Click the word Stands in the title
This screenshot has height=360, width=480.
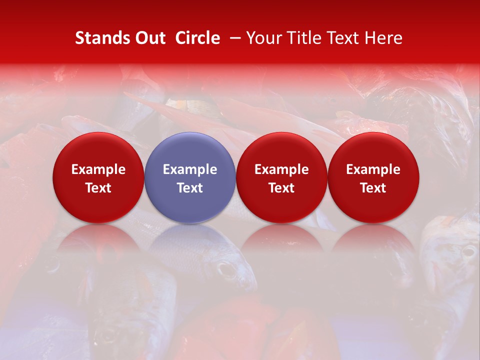tap(101, 38)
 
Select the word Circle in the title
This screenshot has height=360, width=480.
tap(197, 38)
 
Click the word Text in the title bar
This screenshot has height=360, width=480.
tap(340, 38)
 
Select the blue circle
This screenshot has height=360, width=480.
tap(190, 177)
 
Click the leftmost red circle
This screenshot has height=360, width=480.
tap(98, 177)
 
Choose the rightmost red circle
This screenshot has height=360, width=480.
tap(373, 177)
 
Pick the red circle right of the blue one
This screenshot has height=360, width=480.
tap(281, 177)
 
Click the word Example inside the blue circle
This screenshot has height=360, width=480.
tap(190, 169)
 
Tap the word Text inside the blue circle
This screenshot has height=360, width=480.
tap(190, 188)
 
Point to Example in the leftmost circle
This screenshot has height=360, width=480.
tap(98, 169)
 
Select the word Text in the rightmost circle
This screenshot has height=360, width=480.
tap(373, 188)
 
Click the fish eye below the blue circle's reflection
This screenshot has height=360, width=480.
tap(226, 270)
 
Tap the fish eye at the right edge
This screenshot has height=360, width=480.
tap(468, 251)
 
